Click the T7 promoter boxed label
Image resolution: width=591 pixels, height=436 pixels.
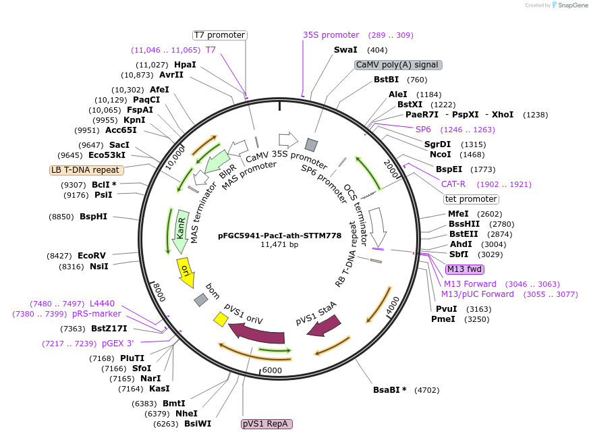click(219, 35)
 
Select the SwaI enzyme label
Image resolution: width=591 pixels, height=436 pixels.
click(346, 50)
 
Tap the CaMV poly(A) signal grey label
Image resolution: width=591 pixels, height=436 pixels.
click(398, 65)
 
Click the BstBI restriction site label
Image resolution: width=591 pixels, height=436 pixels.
click(387, 80)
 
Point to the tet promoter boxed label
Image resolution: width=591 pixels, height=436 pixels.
click(471, 199)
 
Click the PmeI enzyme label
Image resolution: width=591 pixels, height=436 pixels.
click(443, 319)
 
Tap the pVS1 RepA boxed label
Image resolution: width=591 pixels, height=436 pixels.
click(266, 424)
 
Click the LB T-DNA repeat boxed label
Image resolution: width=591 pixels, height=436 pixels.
click(86, 170)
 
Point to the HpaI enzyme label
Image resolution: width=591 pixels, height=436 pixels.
click(185, 65)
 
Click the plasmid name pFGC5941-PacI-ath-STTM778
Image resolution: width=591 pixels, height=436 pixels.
click(279, 236)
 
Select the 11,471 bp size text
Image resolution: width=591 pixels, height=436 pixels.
click(279, 245)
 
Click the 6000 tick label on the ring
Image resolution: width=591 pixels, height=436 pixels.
click(272, 370)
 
